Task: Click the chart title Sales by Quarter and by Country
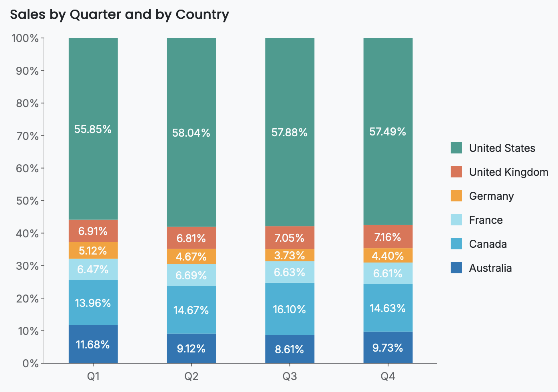(x=120, y=14)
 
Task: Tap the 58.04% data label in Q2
(x=191, y=133)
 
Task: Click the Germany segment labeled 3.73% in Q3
(x=289, y=255)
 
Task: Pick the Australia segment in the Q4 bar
(x=388, y=348)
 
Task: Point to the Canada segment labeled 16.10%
(x=289, y=309)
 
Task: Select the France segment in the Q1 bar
(x=93, y=269)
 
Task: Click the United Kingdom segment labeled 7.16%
(x=388, y=237)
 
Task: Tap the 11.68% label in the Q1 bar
(x=93, y=344)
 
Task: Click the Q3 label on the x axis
(x=289, y=376)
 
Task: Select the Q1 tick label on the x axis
(x=93, y=376)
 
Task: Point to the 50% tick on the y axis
(x=27, y=201)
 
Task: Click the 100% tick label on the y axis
(x=25, y=38)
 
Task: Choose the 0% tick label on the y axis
(x=30, y=364)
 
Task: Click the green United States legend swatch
(x=456, y=148)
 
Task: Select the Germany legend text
(x=491, y=196)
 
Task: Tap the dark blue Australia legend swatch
(x=456, y=268)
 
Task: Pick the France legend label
(x=486, y=220)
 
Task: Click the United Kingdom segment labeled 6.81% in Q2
(x=191, y=238)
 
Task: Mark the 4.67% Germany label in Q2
(x=191, y=257)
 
